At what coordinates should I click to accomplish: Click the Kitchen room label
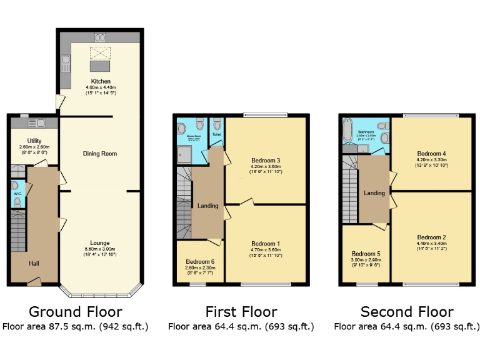pyautogui.click(x=101, y=82)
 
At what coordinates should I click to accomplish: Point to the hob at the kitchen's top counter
pyautogui.click(x=100, y=36)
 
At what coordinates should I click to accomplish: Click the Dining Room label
pyautogui.click(x=100, y=153)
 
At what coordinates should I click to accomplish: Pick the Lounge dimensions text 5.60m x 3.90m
pyautogui.click(x=100, y=249)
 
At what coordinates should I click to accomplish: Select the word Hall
pyautogui.click(x=35, y=263)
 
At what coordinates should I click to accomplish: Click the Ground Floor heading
pyautogui.click(x=76, y=311)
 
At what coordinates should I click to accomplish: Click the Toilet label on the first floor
pyautogui.click(x=217, y=134)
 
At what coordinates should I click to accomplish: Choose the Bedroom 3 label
pyautogui.click(x=265, y=161)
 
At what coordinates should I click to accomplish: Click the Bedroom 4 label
pyautogui.click(x=431, y=153)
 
